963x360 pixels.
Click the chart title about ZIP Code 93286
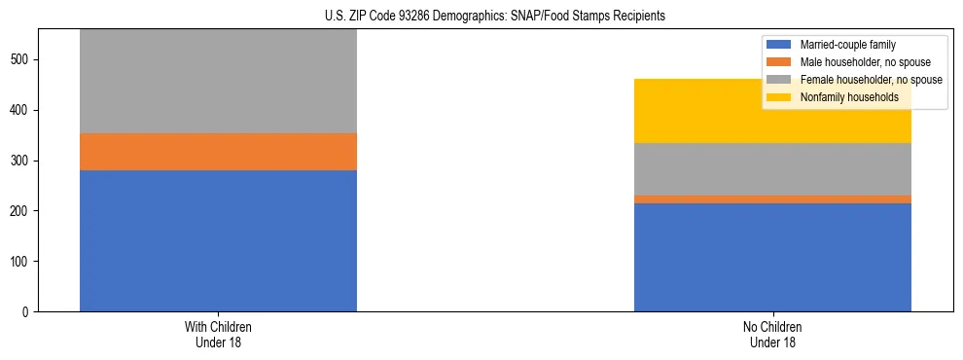coord(495,17)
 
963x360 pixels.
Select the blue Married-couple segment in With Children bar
coord(218,240)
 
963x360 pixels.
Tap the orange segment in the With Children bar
coord(218,152)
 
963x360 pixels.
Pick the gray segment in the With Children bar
coord(218,82)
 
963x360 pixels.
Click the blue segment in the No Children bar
coord(772,257)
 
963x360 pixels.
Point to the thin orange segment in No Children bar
coord(772,199)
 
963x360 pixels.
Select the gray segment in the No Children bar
coord(772,169)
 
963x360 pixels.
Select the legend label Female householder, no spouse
coord(871,80)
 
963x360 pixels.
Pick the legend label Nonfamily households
coord(842,97)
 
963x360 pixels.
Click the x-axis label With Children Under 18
coord(218,335)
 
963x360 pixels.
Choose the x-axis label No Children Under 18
coord(772,335)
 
